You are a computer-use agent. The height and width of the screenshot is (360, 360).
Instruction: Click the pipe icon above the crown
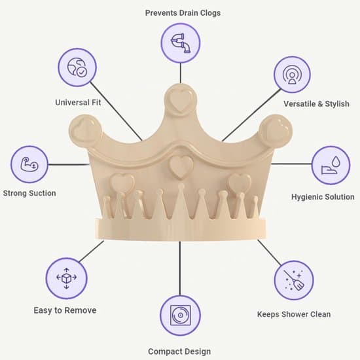pos(181,43)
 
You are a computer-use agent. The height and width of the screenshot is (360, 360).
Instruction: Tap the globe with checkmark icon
pos(77,67)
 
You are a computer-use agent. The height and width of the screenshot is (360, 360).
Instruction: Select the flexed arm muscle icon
pos(29,164)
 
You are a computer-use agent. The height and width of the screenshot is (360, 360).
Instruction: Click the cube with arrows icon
pos(66,278)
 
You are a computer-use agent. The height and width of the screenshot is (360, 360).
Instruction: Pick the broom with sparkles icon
pos(294,280)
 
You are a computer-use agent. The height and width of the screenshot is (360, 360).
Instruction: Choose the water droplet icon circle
pos(331,166)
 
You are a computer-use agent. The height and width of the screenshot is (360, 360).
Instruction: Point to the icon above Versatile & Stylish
pos(292,75)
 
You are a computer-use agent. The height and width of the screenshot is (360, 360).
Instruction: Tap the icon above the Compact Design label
pos(180,315)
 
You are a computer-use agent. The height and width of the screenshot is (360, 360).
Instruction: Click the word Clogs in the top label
pos(210,13)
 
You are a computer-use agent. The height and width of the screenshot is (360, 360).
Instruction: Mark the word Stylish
pos(337,104)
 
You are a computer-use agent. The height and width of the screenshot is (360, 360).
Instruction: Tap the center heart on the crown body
pos(181,167)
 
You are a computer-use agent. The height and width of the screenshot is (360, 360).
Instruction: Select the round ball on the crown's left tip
pos(85,131)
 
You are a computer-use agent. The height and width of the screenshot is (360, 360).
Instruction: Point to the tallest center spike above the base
pos(181,202)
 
